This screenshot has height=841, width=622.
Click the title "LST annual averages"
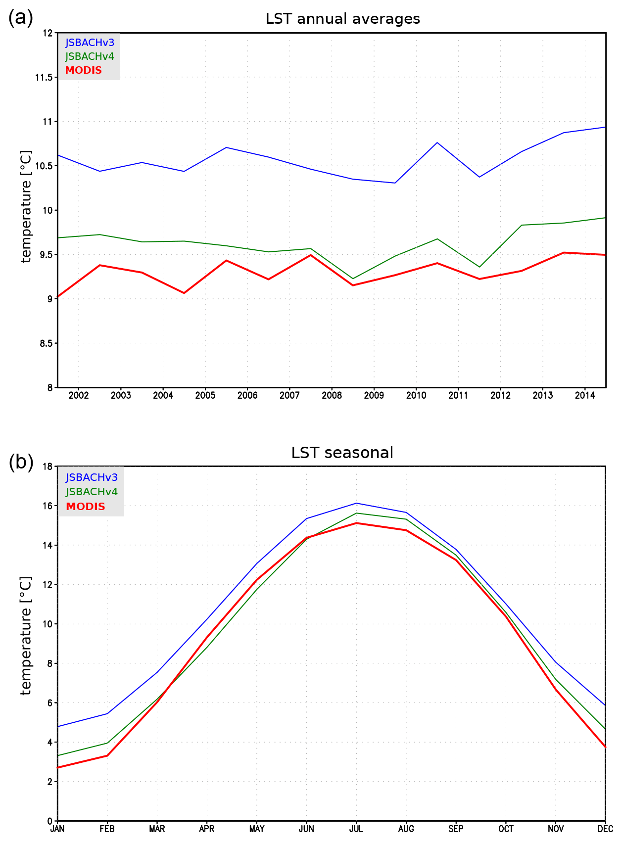[342, 19]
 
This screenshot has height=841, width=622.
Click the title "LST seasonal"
[342, 453]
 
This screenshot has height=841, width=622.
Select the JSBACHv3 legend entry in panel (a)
[90, 43]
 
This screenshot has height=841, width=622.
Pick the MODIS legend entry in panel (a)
[84, 70]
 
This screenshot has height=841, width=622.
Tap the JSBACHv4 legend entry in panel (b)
[92, 492]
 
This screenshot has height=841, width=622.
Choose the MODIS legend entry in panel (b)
[86, 507]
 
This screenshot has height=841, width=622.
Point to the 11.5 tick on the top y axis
[44, 77]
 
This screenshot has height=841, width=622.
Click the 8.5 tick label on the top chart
[46, 343]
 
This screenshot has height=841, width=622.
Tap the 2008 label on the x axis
[332, 395]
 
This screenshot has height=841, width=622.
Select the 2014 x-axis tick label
[585, 395]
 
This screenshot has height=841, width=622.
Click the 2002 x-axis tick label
[79, 395]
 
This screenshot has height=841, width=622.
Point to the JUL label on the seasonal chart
[356, 829]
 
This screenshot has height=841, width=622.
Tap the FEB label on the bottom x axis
[107, 829]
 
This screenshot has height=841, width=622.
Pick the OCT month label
[506, 829]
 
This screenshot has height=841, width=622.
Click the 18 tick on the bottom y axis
[48, 467]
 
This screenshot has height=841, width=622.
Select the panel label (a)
[21, 18]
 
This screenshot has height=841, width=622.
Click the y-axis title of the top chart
[26, 206]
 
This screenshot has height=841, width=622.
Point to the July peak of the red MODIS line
[356, 523]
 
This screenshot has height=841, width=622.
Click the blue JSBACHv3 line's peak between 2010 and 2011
[437, 142]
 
